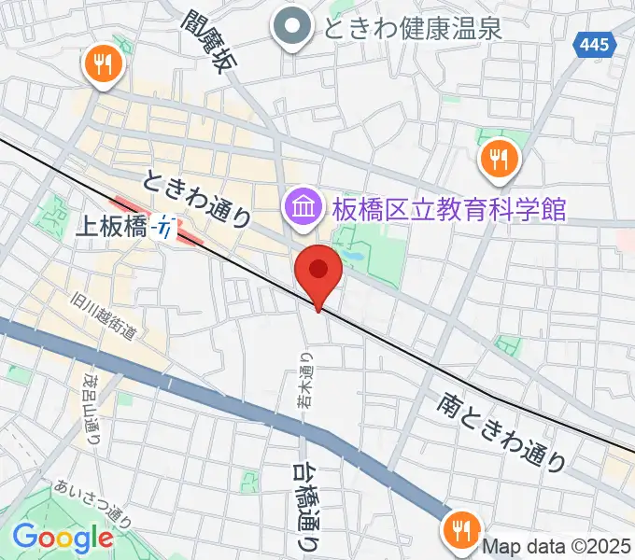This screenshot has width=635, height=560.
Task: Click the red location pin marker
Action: pyautogui.click(x=318, y=271)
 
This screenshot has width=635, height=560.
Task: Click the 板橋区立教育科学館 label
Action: pyautogui.click(x=445, y=206)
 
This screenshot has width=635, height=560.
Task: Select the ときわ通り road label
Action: pyautogui.click(x=197, y=197)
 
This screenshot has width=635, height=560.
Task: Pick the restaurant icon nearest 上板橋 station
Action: pyautogui.click(x=103, y=65)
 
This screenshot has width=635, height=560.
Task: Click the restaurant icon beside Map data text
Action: pyautogui.click(x=461, y=529)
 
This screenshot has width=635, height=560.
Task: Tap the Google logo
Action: pyautogui.click(x=62, y=537)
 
